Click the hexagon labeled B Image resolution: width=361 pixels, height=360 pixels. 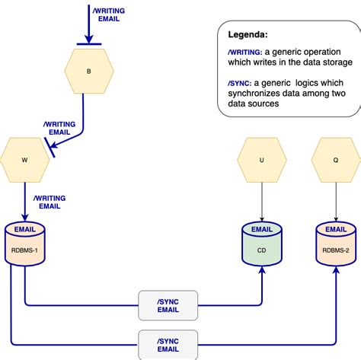pos(88,71)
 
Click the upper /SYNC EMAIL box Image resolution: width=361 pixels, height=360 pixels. pos(168,305)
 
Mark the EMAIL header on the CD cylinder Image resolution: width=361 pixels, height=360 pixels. pos(261,228)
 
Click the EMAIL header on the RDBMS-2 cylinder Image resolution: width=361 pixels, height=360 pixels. pos(336,228)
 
